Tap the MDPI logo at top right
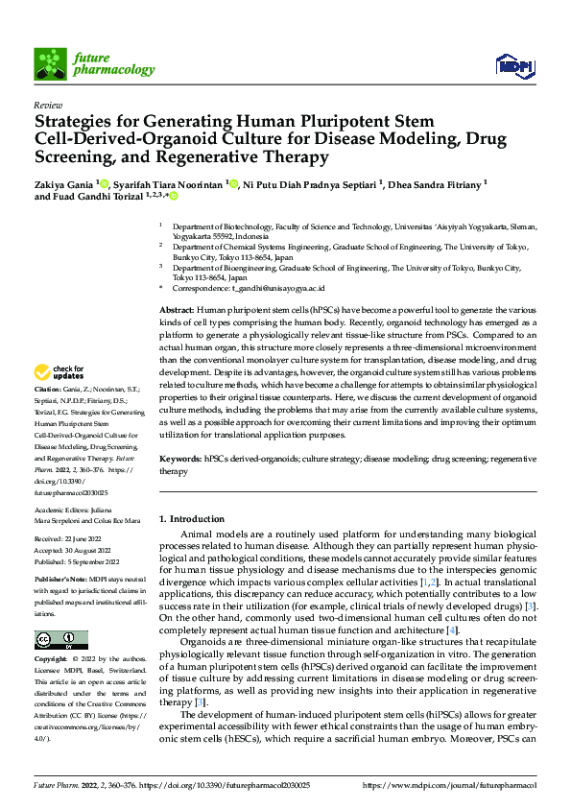513,65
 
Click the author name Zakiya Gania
68,182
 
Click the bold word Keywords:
179,460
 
